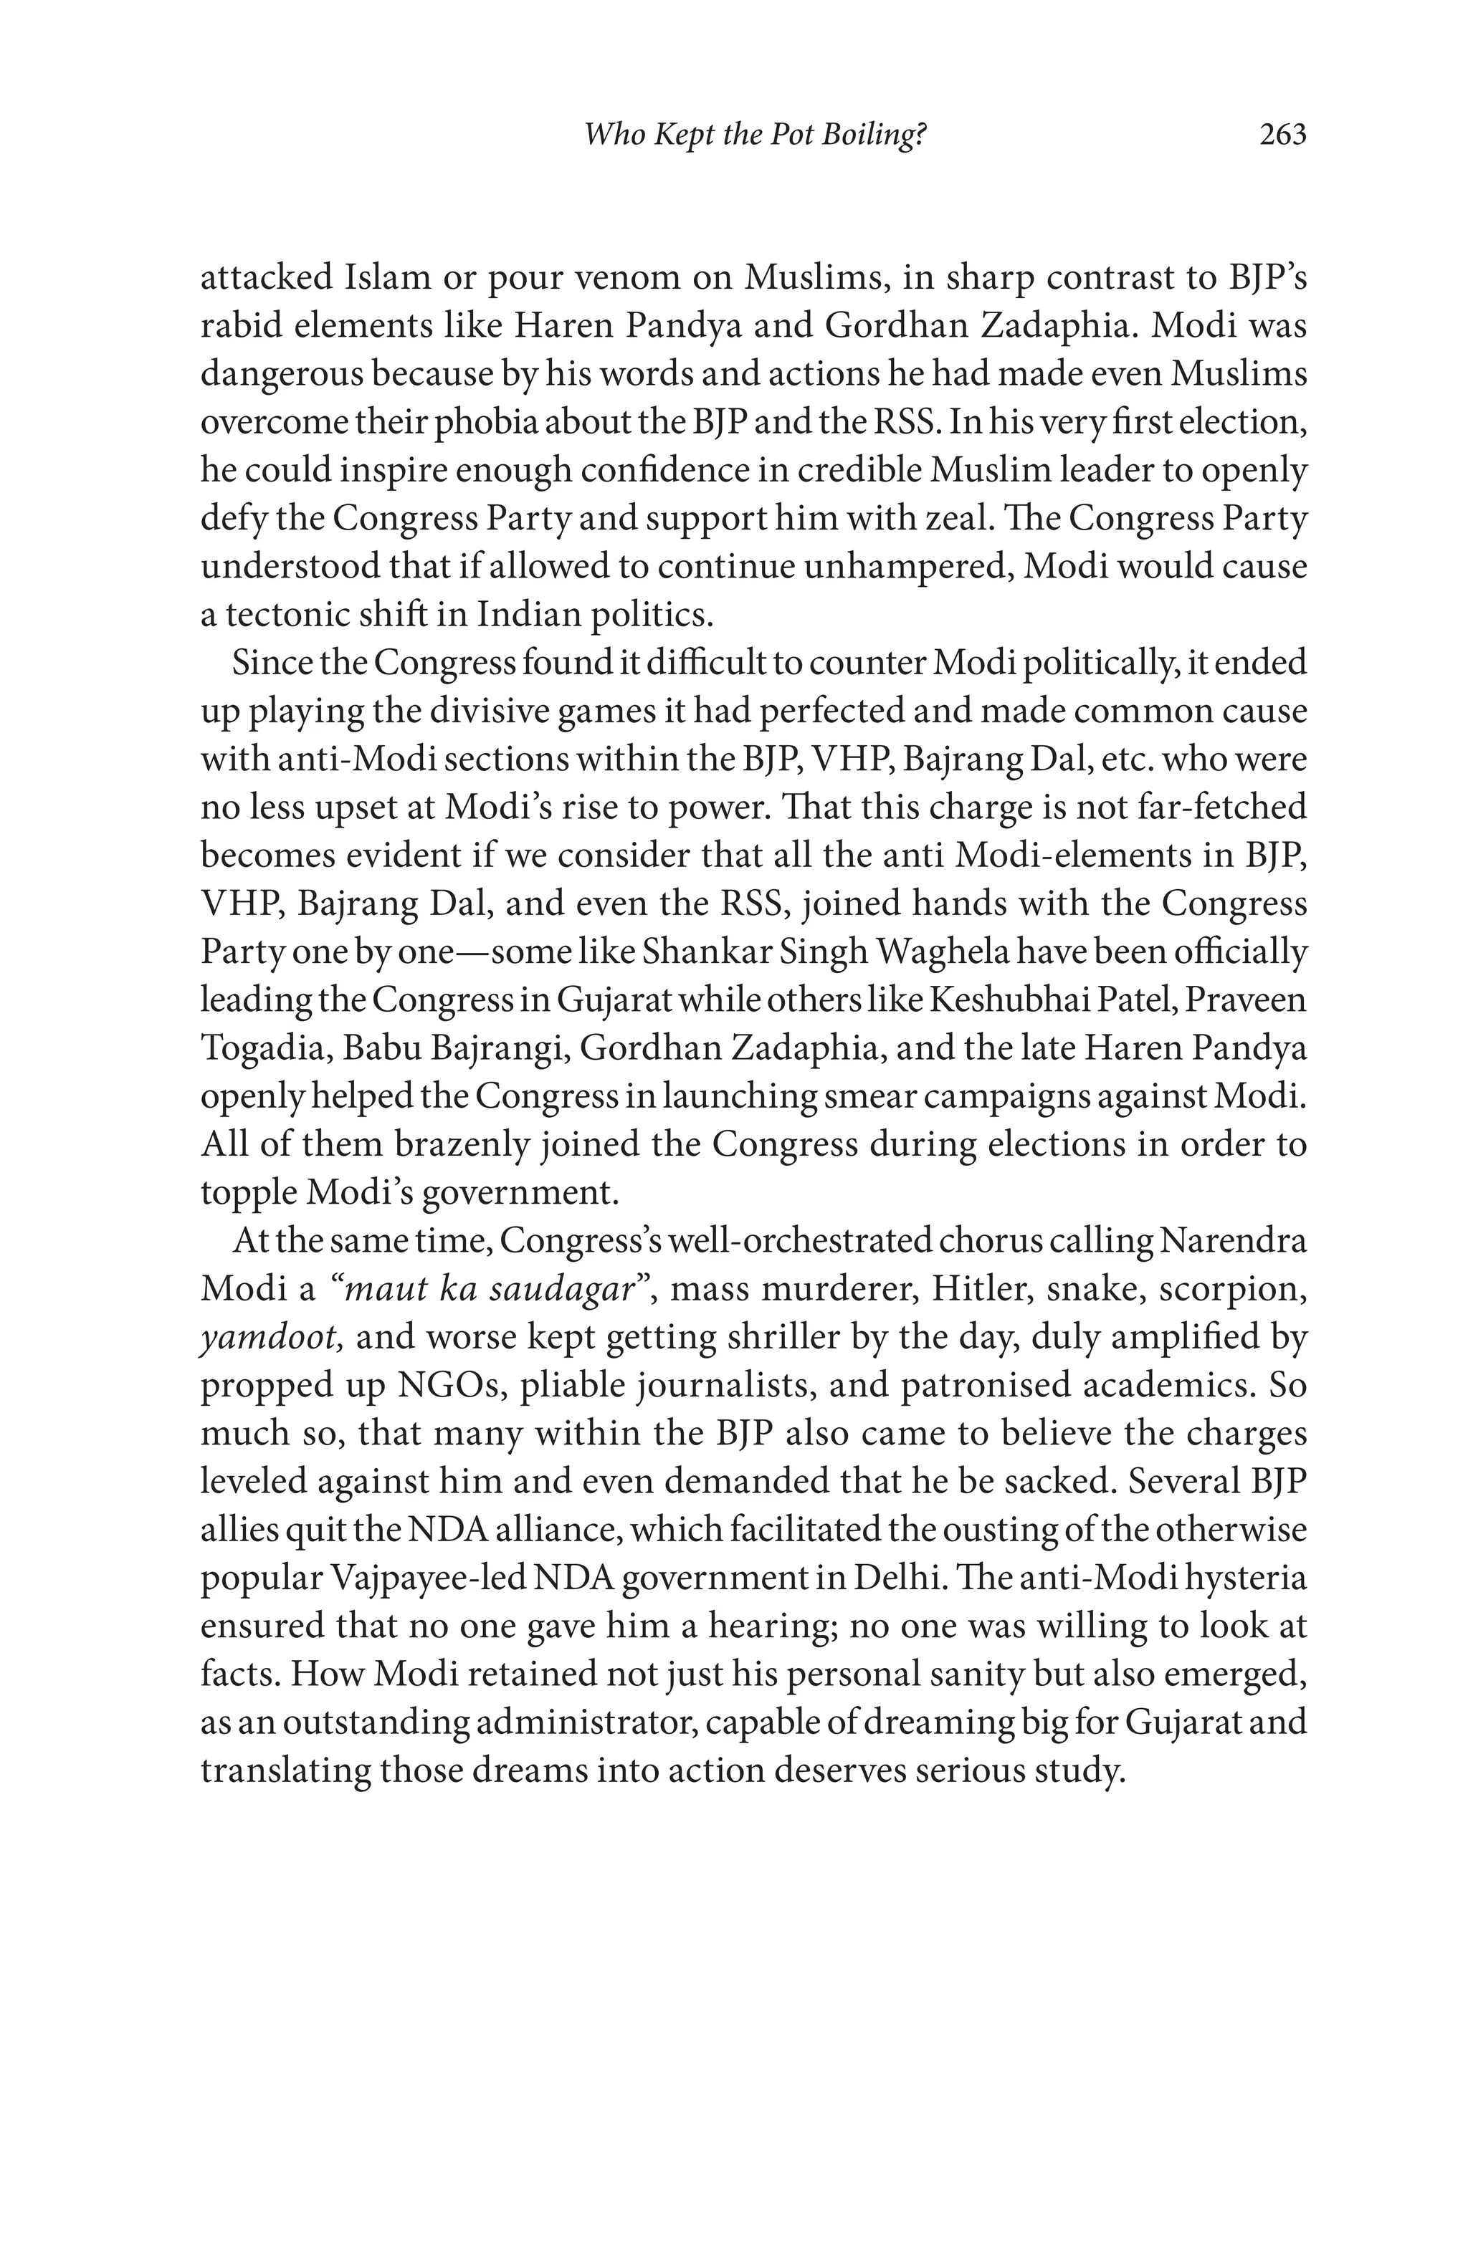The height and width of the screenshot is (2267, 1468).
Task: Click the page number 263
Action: click(1282, 135)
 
